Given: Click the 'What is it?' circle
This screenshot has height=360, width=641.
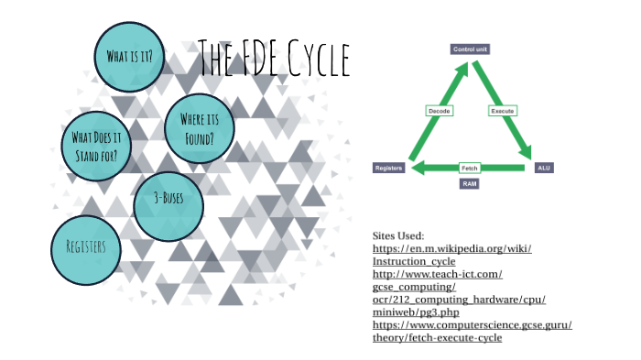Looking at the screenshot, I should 129,56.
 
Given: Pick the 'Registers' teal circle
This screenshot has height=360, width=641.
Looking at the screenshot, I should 86,248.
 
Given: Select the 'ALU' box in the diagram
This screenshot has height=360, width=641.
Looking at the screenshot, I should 543,168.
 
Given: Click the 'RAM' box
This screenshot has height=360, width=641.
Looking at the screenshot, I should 469,184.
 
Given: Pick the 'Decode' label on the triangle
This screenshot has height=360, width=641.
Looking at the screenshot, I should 440,111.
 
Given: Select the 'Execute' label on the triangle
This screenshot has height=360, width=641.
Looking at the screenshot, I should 502,111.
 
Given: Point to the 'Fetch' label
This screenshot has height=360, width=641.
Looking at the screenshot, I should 470,168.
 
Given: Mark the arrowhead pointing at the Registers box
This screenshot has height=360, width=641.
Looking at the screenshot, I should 416,168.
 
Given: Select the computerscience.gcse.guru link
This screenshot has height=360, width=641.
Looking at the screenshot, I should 472,332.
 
